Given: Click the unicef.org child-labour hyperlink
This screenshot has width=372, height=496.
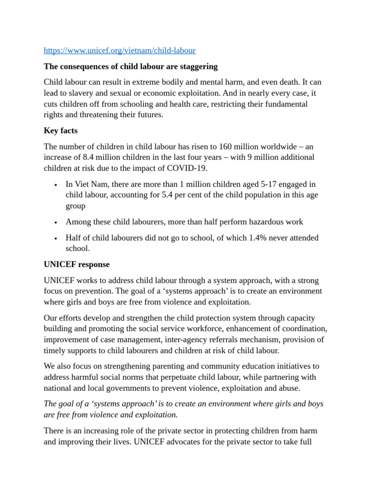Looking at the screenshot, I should [119, 50].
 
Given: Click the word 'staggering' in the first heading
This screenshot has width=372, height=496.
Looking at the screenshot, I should [195, 66].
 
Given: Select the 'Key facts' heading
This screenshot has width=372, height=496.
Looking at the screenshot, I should [61, 130].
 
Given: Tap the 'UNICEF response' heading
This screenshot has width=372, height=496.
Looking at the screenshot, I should [77, 264].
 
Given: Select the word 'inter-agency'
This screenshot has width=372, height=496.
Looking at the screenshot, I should [179, 340].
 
